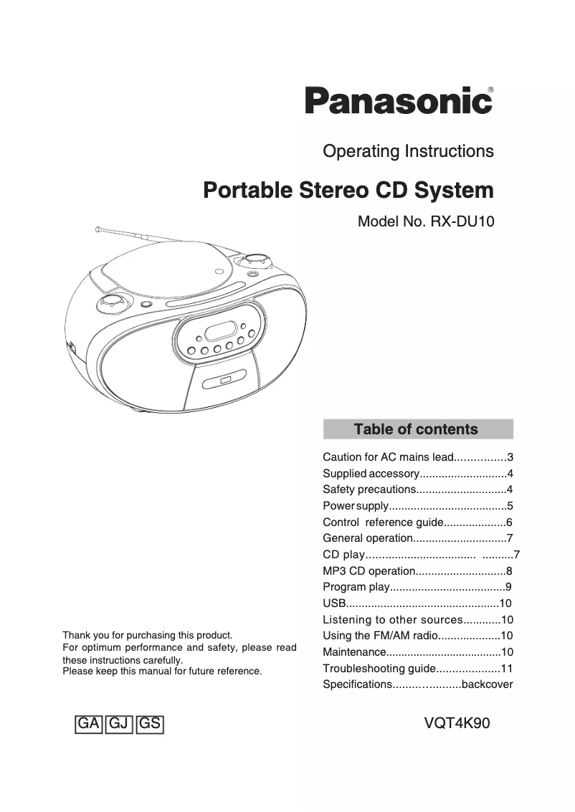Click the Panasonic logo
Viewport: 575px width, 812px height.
(399, 101)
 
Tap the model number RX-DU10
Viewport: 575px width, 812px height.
(462, 221)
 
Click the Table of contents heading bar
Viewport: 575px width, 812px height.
(418, 429)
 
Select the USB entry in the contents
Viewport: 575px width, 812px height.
(335, 603)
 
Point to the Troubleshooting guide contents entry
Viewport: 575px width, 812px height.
(379, 668)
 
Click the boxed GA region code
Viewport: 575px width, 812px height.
(88, 724)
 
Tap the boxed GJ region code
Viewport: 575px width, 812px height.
(119, 724)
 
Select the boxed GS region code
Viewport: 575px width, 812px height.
(150, 724)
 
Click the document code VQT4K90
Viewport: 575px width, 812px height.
(457, 723)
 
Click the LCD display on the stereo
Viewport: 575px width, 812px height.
(220, 331)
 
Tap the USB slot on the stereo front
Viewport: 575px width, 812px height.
(225, 380)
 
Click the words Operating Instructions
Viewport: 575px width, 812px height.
(408, 151)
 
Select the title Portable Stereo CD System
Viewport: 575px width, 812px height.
(348, 191)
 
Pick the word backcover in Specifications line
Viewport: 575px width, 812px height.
(488, 684)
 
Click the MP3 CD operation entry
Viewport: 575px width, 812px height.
(369, 571)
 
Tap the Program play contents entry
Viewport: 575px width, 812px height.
(356, 587)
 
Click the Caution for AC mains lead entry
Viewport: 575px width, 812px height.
(389, 457)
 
